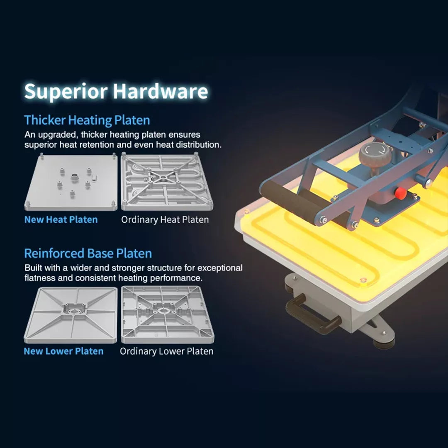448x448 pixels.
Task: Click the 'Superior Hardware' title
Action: point(116,91)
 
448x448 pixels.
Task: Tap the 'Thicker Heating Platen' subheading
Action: point(87,120)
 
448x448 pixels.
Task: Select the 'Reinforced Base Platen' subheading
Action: point(88,253)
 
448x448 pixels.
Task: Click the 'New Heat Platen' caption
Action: point(61,219)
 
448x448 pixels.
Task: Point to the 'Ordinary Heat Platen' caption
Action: point(165,219)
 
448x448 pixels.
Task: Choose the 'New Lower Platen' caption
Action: point(63,351)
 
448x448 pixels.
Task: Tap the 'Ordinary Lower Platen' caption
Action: point(167,351)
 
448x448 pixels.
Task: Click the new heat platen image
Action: point(71,182)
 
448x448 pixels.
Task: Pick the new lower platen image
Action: point(71,315)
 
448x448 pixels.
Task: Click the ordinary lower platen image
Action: point(168,314)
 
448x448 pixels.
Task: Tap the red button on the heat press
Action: point(401,193)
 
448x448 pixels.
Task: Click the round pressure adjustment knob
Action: point(375,153)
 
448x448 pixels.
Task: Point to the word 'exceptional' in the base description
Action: point(220,268)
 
